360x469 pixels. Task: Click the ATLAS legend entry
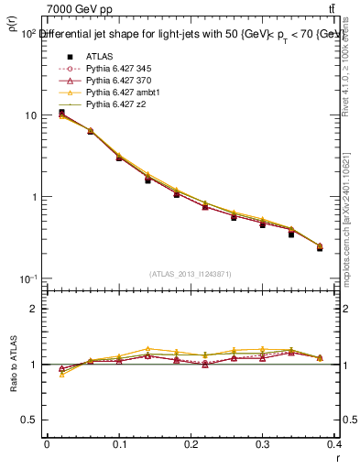click(99, 57)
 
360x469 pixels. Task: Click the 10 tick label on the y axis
click(31, 115)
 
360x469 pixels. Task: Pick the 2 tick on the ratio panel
click(35, 309)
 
